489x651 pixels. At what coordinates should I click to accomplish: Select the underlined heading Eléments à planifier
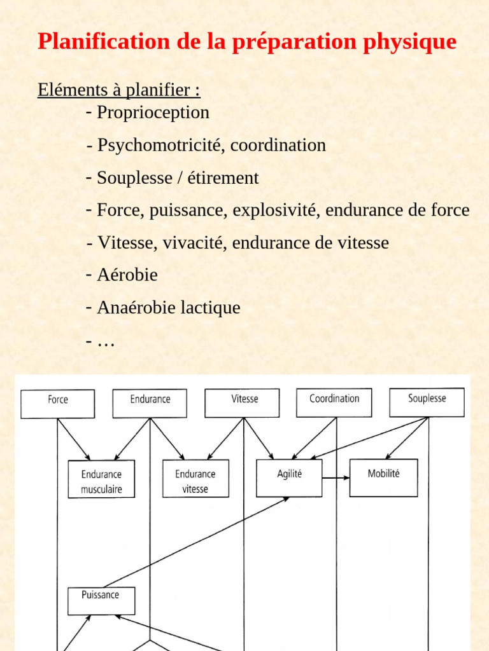click(x=119, y=90)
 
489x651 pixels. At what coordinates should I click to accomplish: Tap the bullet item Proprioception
click(x=153, y=113)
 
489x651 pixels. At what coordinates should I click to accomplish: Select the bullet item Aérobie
click(x=127, y=275)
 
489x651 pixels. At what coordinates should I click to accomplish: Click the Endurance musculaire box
click(x=101, y=480)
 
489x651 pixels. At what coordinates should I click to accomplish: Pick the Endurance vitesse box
click(x=195, y=480)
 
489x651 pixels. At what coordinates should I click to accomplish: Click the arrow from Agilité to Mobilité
click(x=336, y=477)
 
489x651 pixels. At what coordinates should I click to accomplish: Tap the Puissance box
click(x=101, y=600)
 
